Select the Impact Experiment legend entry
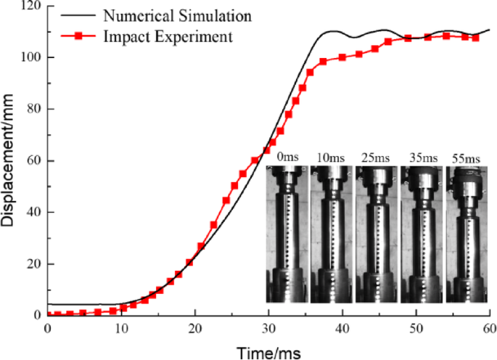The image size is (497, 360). click(168, 36)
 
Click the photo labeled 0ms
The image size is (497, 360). click(287, 234)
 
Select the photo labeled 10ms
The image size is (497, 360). click(332, 234)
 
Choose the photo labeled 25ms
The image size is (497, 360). click(377, 234)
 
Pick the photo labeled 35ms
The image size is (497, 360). click(422, 234)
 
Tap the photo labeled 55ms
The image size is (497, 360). click(467, 234)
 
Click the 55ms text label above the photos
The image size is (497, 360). click(467, 157)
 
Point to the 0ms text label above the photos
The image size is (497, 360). click(287, 157)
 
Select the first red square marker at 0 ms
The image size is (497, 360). click(49, 314)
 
